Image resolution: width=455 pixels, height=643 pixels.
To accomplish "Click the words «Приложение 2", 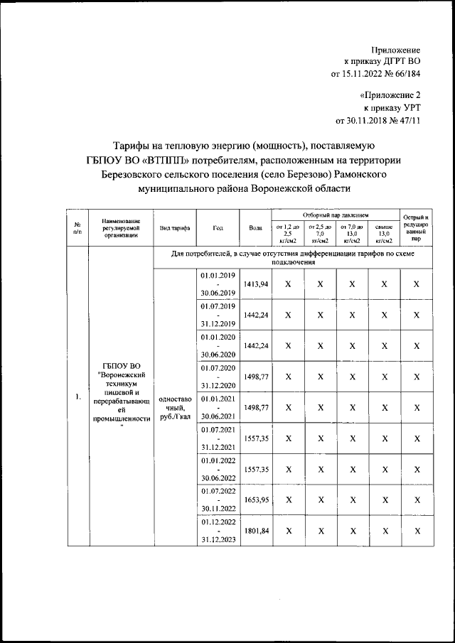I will coord(390,94).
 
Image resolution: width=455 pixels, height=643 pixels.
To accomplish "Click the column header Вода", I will coord(256,228).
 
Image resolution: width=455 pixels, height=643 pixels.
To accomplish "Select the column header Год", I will coord(218,228).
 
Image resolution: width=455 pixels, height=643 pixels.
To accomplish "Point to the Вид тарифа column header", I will coord(174,228).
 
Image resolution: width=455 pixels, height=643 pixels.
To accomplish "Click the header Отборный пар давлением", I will coord(336,214).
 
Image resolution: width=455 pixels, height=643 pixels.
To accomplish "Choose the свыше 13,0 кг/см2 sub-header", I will coord(384,233).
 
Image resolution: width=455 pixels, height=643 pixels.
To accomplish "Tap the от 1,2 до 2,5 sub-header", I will coord(288,233).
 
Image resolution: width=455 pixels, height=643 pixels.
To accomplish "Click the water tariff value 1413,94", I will coord(256,283).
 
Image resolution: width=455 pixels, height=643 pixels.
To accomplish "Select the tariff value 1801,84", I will coord(256,531).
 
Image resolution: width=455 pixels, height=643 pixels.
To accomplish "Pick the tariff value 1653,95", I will coord(256,500).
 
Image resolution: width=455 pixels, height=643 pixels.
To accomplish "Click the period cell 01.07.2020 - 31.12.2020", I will coord(218,377).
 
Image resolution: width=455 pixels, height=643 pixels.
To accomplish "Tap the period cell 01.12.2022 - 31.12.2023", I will coord(218,531).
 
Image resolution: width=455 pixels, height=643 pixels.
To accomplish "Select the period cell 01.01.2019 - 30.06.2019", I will coord(218,283).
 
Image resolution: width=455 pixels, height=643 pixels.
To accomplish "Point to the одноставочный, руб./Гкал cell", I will coord(174,408).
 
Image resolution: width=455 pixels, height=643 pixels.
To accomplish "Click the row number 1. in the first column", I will coord(77,397).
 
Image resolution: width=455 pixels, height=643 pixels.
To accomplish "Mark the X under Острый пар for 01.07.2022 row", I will coord(417,500).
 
